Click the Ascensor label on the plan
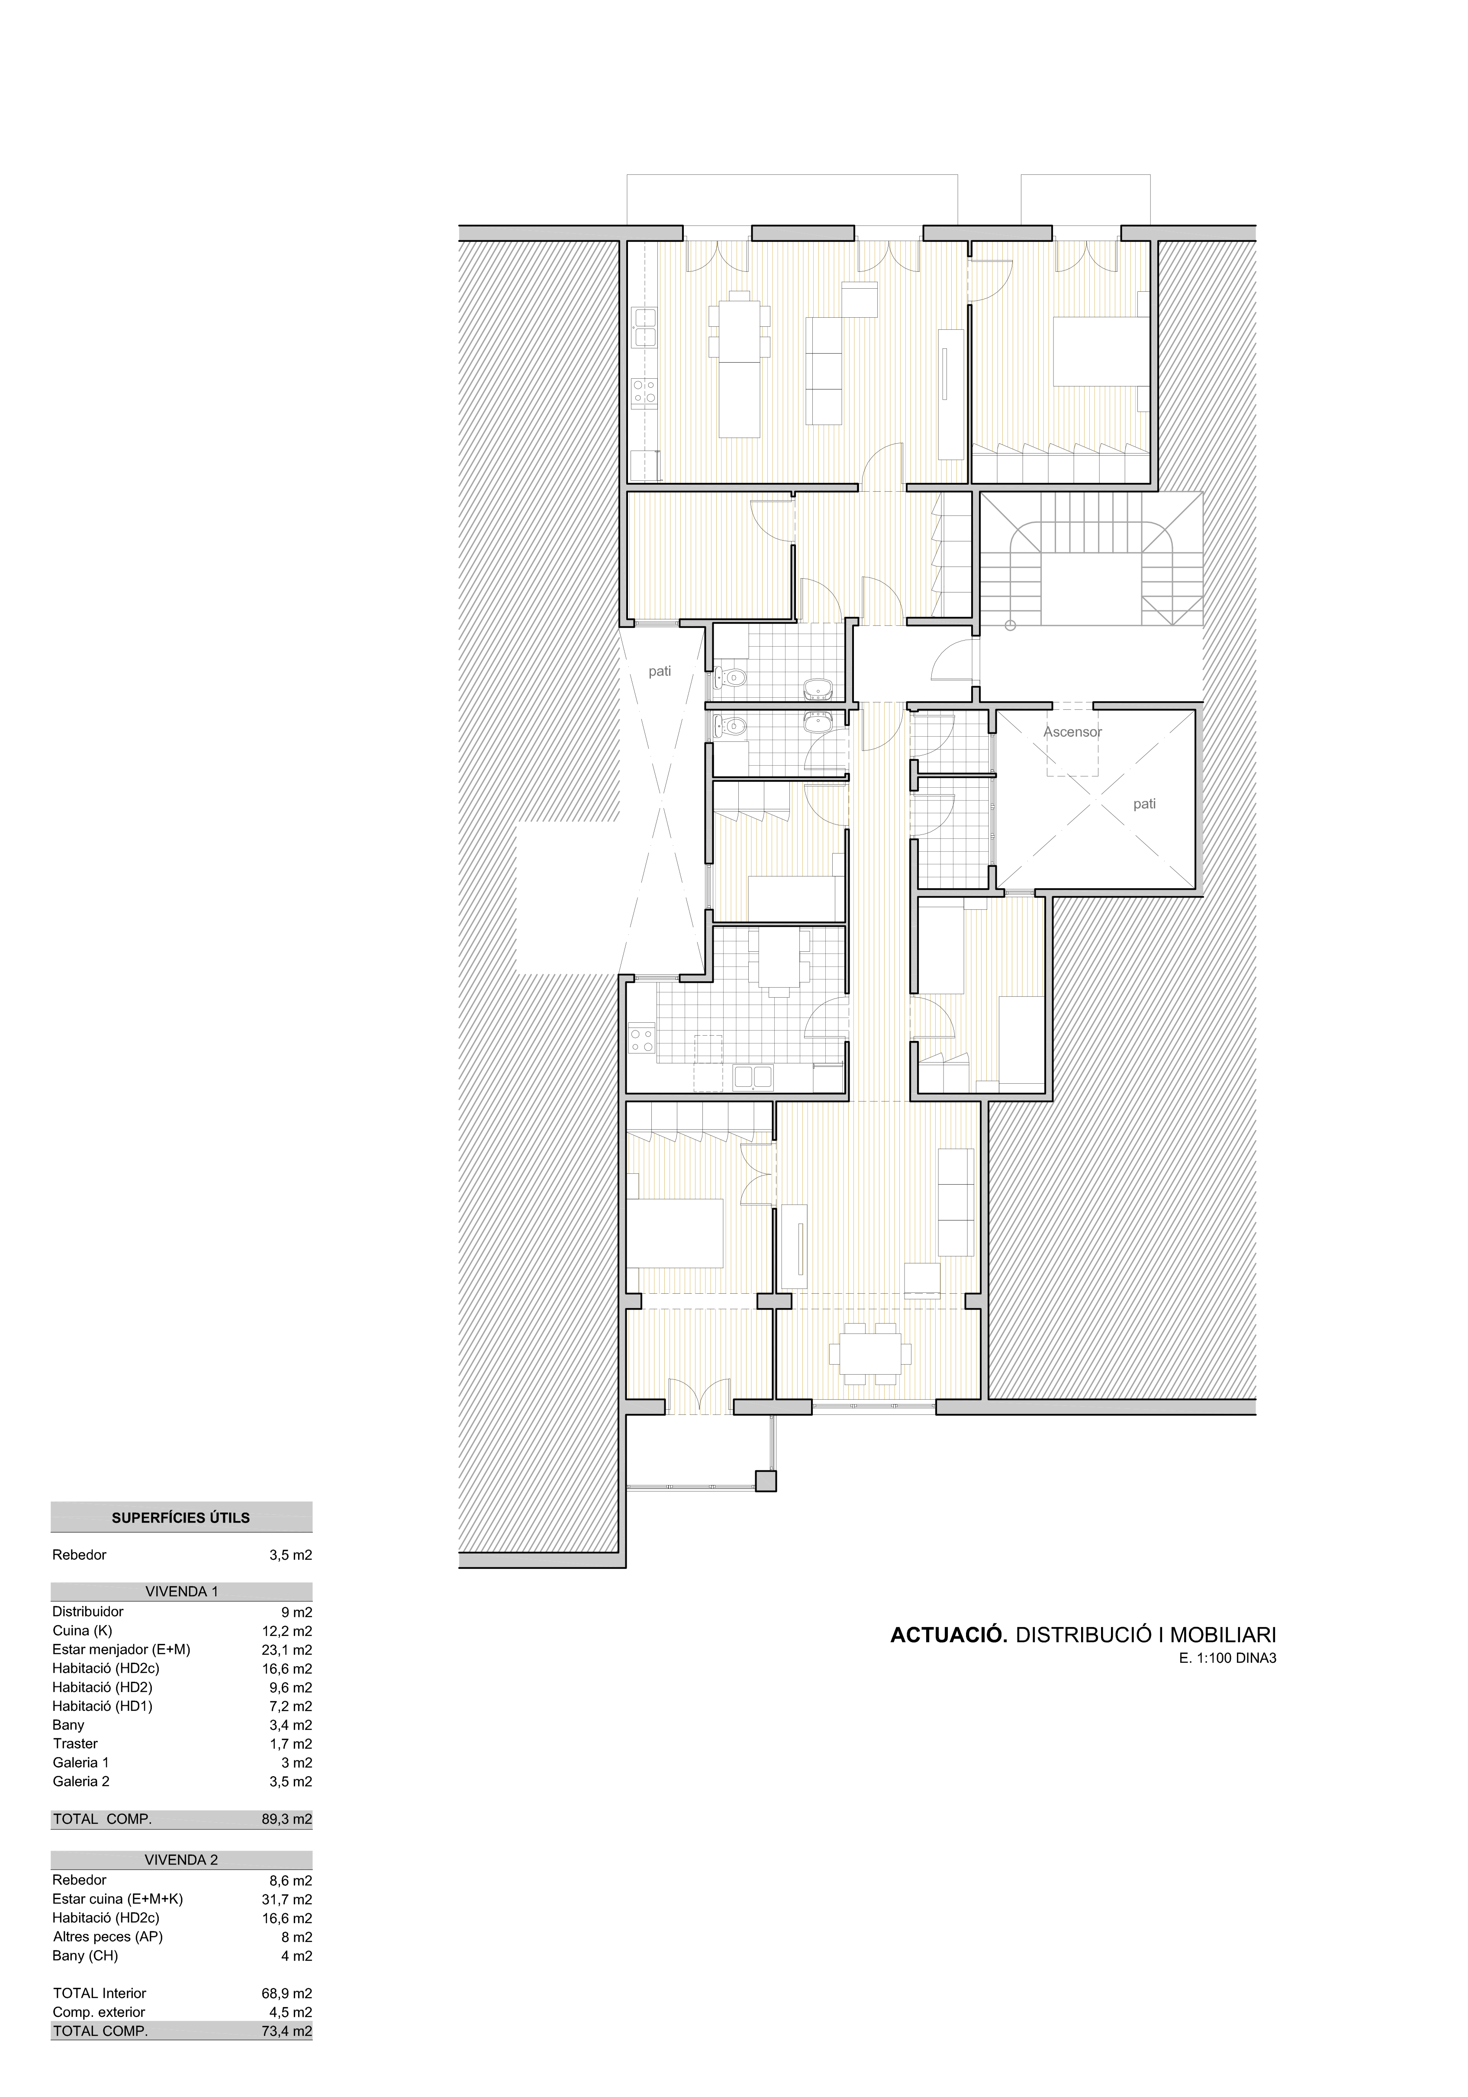1072,731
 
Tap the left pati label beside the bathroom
660,671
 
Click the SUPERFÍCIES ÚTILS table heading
181,1518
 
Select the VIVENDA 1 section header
181,1591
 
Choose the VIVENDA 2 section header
181,1859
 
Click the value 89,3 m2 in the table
286,1818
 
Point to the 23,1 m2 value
286,1649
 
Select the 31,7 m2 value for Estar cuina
286,1899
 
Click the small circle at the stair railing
1011,625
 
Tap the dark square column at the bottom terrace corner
766,1481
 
